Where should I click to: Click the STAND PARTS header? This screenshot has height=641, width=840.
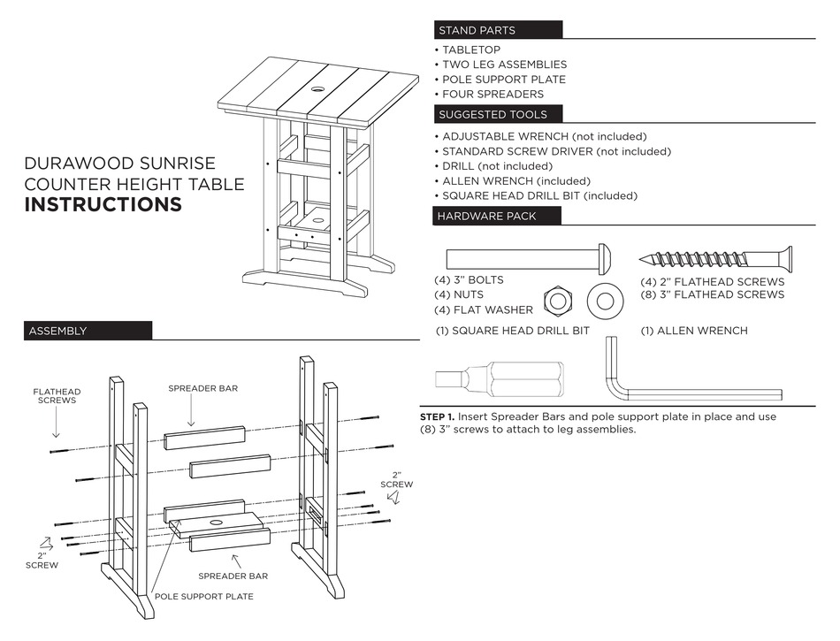point(477,30)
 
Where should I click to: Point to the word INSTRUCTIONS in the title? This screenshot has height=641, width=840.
point(103,205)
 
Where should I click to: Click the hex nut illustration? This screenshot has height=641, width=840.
point(557,301)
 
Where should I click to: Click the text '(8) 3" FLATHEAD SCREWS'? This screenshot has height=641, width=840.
point(713,294)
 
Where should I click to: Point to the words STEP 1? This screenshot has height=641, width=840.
point(438,416)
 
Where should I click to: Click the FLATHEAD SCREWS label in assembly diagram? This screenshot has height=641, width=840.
point(57,396)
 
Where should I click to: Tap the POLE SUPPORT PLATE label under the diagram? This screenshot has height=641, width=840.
point(204,596)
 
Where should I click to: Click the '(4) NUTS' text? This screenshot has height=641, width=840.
point(459,294)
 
